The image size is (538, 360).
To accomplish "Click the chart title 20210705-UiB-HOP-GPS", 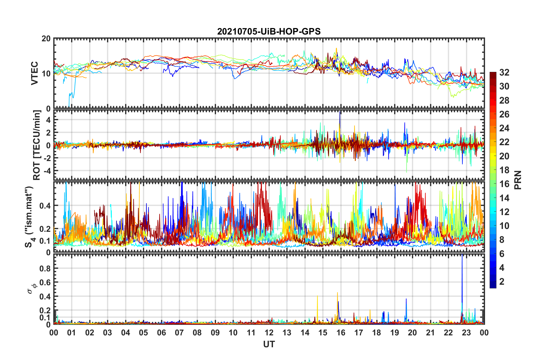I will [x=269, y=31].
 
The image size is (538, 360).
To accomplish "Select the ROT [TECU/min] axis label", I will [x=37, y=145].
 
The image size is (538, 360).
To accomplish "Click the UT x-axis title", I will [x=269, y=344].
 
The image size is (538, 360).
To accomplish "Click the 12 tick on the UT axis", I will [x=269, y=333].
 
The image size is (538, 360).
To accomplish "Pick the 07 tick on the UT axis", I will [x=179, y=333].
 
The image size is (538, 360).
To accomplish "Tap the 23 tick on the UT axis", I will [x=466, y=333].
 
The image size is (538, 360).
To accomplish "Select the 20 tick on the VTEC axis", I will [x=46, y=39].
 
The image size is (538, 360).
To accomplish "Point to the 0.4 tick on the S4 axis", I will [x=45, y=205].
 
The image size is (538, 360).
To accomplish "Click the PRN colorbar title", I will [x=518, y=180].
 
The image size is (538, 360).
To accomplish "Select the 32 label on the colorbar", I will [x=504, y=73].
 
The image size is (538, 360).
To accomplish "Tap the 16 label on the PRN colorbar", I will [x=504, y=184].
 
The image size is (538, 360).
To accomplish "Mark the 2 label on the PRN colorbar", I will [x=502, y=282].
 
